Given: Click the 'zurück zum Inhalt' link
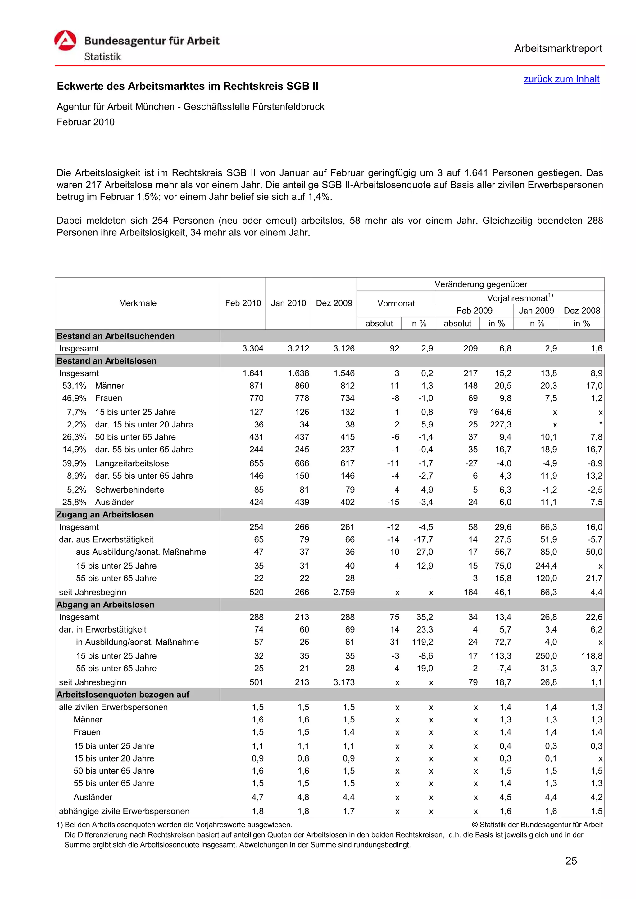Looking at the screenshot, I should tap(561, 79).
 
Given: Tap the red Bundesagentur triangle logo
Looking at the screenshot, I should tap(65, 41).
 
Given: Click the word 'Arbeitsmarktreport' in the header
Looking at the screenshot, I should tap(558, 49).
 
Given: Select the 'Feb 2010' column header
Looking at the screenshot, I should tap(243, 303).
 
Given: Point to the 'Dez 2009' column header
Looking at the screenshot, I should tap(334, 303).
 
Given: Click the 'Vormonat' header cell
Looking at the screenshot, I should tap(395, 303).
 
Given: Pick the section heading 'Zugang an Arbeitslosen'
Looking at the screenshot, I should tap(105, 515).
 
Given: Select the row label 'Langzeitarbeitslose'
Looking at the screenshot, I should tap(132, 463).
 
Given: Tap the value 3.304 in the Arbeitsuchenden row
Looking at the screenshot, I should tap(253, 348).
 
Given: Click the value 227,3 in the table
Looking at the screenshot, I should tap(500, 424).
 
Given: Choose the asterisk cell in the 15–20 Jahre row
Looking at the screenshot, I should tap(600, 424).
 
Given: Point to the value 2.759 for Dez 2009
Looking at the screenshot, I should tap(344, 592).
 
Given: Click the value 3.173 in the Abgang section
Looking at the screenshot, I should tap(344, 682).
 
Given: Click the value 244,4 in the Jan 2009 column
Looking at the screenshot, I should tap(546, 566).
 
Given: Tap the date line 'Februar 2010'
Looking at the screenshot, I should tap(86, 122).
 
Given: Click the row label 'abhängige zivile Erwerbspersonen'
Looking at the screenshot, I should tap(124, 811).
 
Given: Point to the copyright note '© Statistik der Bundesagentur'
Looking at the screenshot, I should tap(537, 825).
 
